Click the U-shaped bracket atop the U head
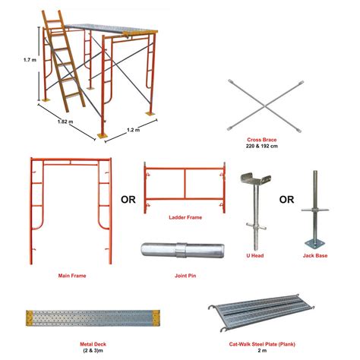pyautogui.click(x=256, y=182)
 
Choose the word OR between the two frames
pyautogui.click(x=127, y=202)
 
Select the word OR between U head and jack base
pyautogui.click(x=288, y=202)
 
